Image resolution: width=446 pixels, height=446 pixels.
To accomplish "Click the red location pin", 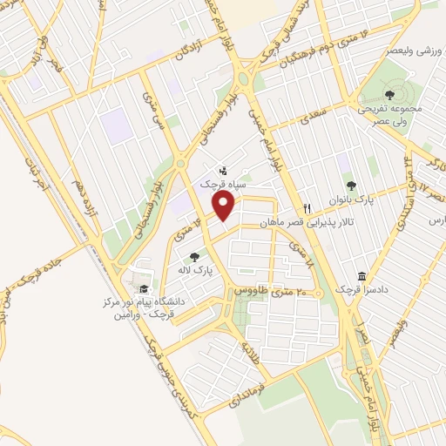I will coord(224,206).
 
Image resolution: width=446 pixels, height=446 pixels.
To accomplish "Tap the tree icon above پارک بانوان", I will coord(351,185).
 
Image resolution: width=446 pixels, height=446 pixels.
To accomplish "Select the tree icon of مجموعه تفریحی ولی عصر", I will coord(389,95).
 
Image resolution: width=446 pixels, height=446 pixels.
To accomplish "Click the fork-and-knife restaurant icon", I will coord(307,209).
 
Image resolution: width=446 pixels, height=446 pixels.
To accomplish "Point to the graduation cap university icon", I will coord(143,290).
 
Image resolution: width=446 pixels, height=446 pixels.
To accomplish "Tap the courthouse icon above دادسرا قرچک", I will coord(362,276).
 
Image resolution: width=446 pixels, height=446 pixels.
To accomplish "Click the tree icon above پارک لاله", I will coord(194,256).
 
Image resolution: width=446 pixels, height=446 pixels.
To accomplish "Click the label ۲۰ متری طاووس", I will coord(274,292).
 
